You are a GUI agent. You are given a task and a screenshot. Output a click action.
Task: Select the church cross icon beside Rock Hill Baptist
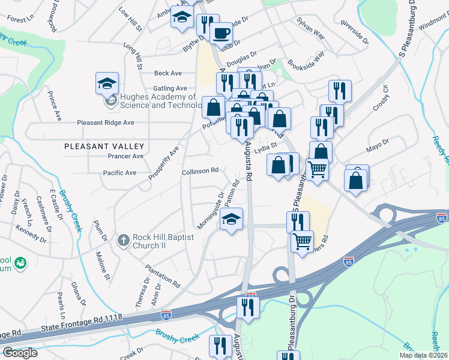point(123,240)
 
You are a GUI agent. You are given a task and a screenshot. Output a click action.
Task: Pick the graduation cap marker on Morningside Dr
point(231,220)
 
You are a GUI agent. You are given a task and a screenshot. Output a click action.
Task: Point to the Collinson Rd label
point(200,171)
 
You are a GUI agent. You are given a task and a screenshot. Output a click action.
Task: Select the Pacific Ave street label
point(119,173)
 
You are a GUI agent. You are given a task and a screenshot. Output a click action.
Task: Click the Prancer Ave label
point(125,156)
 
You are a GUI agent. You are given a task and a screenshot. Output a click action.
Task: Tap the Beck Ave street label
point(167,73)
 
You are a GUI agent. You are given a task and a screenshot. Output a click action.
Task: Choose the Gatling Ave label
point(170,89)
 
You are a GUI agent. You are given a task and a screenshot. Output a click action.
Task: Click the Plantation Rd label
point(163,273)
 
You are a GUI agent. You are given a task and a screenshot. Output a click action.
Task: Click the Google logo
point(20,353)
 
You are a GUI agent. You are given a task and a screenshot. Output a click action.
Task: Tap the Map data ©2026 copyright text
point(423,355)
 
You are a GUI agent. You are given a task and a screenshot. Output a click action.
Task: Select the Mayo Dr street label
point(377,144)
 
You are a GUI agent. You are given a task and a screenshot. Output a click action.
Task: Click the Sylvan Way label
point(310,28)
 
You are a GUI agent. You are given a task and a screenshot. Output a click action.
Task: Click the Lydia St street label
point(267,145)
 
